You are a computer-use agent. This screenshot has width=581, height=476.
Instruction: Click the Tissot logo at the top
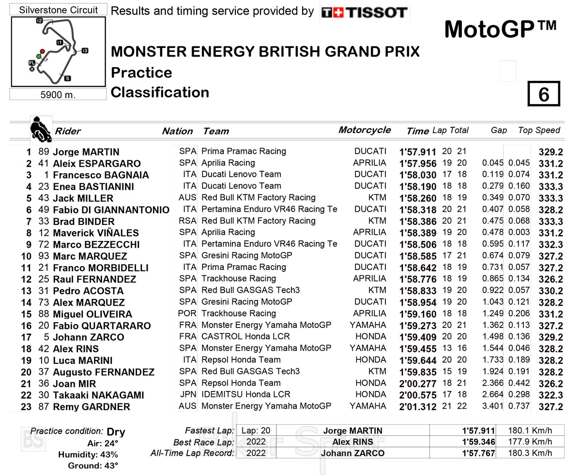[x=364, y=13]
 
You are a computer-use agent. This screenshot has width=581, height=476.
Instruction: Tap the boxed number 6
[x=543, y=94]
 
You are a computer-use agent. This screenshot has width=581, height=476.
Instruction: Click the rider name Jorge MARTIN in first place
[x=86, y=152]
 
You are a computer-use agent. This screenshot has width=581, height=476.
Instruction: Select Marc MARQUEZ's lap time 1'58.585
[x=417, y=256]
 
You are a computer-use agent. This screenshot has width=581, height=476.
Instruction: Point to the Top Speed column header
[x=538, y=130]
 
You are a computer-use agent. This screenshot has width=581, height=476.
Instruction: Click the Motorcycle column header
[x=364, y=130]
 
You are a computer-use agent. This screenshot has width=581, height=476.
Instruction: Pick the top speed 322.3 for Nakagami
[x=550, y=396]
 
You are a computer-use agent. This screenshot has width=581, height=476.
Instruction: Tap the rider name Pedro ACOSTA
[x=88, y=291]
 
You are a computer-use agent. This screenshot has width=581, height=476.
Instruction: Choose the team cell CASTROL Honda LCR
[x=246, y=337]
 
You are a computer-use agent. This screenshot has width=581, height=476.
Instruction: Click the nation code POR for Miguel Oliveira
[x=187, y=313]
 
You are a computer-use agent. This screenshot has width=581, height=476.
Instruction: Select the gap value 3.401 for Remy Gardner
[x=492, y=406]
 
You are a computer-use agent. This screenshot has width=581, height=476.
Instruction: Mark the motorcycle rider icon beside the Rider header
[x=41, y=129]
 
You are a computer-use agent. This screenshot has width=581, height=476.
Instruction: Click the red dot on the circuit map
[x=43, y=51]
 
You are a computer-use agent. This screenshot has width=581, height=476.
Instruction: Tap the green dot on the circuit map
[x=38, y=57]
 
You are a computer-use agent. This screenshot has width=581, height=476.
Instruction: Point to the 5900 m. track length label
[x=58, y=95]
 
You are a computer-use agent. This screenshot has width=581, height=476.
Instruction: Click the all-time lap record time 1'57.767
[x=478, y=453]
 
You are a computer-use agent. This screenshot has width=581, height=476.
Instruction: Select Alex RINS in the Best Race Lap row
[x=352, y=442]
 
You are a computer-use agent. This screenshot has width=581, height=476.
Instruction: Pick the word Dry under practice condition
[x=116, y=432]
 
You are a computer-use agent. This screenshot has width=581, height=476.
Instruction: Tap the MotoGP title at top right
[x=500, y=30]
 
